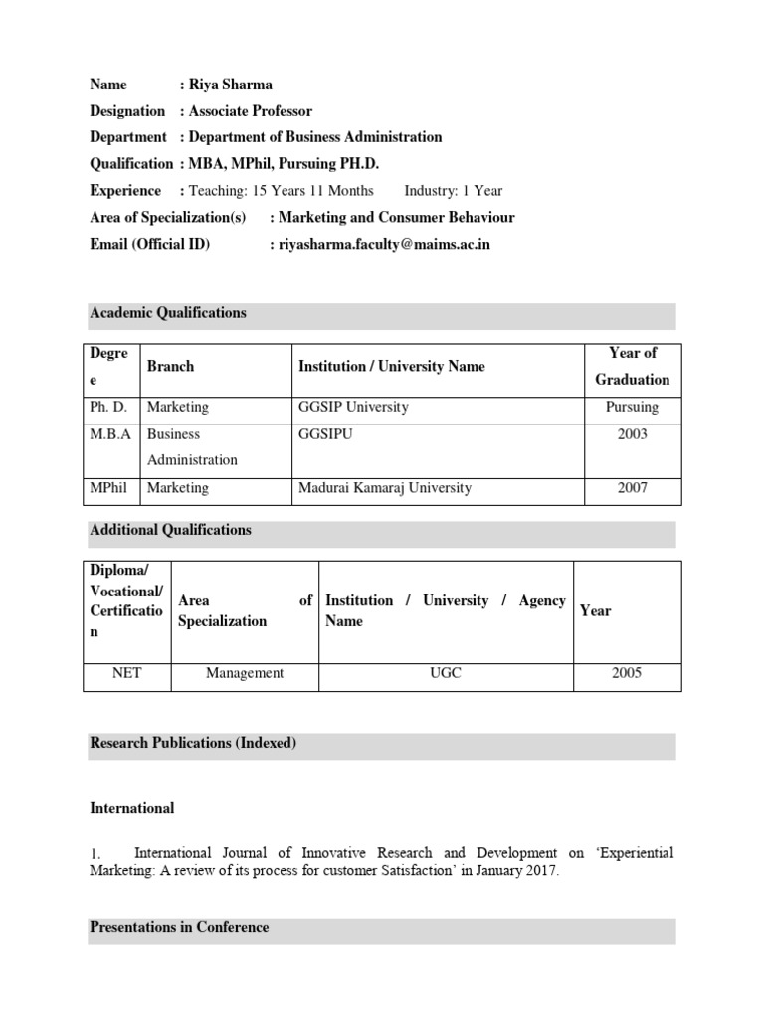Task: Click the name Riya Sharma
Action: pos(231,85)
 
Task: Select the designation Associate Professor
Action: pos(251,111)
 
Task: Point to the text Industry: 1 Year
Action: pos(454,191)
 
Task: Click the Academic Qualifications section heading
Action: pos(168,313)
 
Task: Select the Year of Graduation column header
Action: pos(633,366)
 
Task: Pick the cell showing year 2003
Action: pos(633,434)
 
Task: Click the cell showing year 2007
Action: pos(633,488)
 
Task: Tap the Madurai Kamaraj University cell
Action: pos(384,488)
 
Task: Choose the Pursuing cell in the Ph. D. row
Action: pos(633,407)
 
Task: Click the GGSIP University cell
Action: pos(353,407)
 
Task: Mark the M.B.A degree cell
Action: pos(110,434)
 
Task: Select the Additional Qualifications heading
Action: pos(170,530)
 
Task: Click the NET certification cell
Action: pos(129,673)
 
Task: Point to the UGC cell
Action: pos(446,673)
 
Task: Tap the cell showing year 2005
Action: pos(627,673)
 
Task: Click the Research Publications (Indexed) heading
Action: pos(193,743)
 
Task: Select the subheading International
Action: pos(131,808)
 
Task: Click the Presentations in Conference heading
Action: pos(179,927)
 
